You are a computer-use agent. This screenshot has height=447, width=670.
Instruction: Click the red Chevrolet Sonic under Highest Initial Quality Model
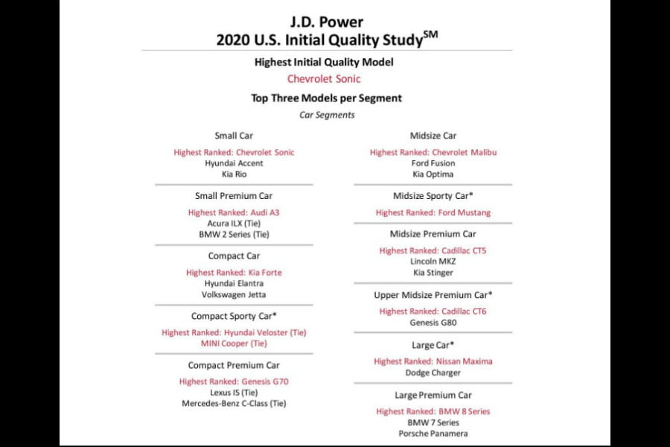(x=324, y=79)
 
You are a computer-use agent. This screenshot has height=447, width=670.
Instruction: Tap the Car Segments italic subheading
(x=327, y=115)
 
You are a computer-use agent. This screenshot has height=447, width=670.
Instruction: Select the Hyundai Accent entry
(x=234, y=163)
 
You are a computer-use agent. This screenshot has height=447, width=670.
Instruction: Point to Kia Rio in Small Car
(x=234, y=174)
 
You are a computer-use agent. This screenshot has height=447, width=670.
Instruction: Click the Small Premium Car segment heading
(x=234, y=196)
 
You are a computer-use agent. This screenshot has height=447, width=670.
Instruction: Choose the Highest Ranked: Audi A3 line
(x=234, y=212)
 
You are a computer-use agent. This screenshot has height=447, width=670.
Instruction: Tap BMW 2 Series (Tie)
(x=234, y=234)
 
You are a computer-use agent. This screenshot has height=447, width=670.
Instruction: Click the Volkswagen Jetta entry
(x=234, y=294)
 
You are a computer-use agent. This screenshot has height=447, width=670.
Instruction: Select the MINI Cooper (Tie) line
(x=234, y=343)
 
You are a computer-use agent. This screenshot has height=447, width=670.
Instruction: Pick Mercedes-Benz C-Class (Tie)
(x=234, y=404)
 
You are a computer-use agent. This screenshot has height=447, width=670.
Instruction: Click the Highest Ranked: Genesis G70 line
(x=234, y=381)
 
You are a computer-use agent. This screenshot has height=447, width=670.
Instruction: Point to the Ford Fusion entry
(x=433, y=163)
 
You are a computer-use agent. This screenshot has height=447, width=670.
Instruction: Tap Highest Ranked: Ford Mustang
(x=433, y=212)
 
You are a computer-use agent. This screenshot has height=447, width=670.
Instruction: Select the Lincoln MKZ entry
(x=433, y=261)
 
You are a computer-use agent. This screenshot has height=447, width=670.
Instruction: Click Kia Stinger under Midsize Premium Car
(x=433, y=273)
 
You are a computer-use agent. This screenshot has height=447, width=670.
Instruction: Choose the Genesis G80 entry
(x=433, y=323)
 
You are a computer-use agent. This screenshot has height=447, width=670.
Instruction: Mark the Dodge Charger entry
(x=433, y=372)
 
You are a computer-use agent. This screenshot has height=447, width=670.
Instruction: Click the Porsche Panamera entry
(x=433, y=434)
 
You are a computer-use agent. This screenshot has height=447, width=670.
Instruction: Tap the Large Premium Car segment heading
(x=433, y=395)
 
